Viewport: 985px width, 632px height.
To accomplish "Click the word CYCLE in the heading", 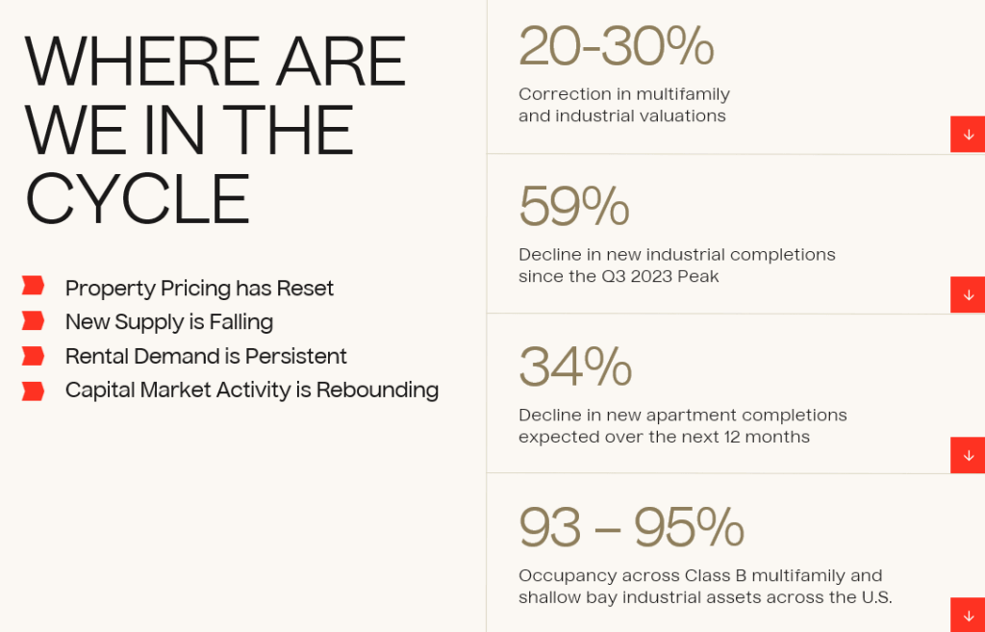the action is coord(138,199).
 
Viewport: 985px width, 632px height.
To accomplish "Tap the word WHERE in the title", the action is coord(142,63).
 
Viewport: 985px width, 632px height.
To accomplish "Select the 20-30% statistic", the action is coord(617,46).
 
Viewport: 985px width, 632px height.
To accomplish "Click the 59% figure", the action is coord(574,206).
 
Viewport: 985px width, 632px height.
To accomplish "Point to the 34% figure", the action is coord(575,367).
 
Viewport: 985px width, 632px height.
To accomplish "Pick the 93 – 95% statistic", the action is coord(631,527).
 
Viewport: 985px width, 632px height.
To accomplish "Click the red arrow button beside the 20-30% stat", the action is coord(968,135).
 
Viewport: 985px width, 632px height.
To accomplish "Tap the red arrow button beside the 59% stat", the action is coord(968,294).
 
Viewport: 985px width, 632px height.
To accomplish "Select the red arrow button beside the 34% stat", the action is coord(968,455).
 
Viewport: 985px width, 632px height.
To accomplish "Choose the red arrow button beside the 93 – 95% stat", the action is coord(968,615).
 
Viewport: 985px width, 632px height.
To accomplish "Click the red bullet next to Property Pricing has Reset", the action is coord(33,285).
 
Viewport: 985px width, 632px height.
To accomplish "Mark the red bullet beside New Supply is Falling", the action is coord(33,320).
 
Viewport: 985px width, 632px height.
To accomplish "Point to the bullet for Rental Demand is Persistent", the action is coord(33,356).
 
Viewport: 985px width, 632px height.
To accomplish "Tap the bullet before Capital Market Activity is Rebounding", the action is coord(33,391).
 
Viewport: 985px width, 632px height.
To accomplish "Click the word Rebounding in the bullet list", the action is coord(377,391).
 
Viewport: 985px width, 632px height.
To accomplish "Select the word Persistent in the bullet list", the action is coord(296,356).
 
